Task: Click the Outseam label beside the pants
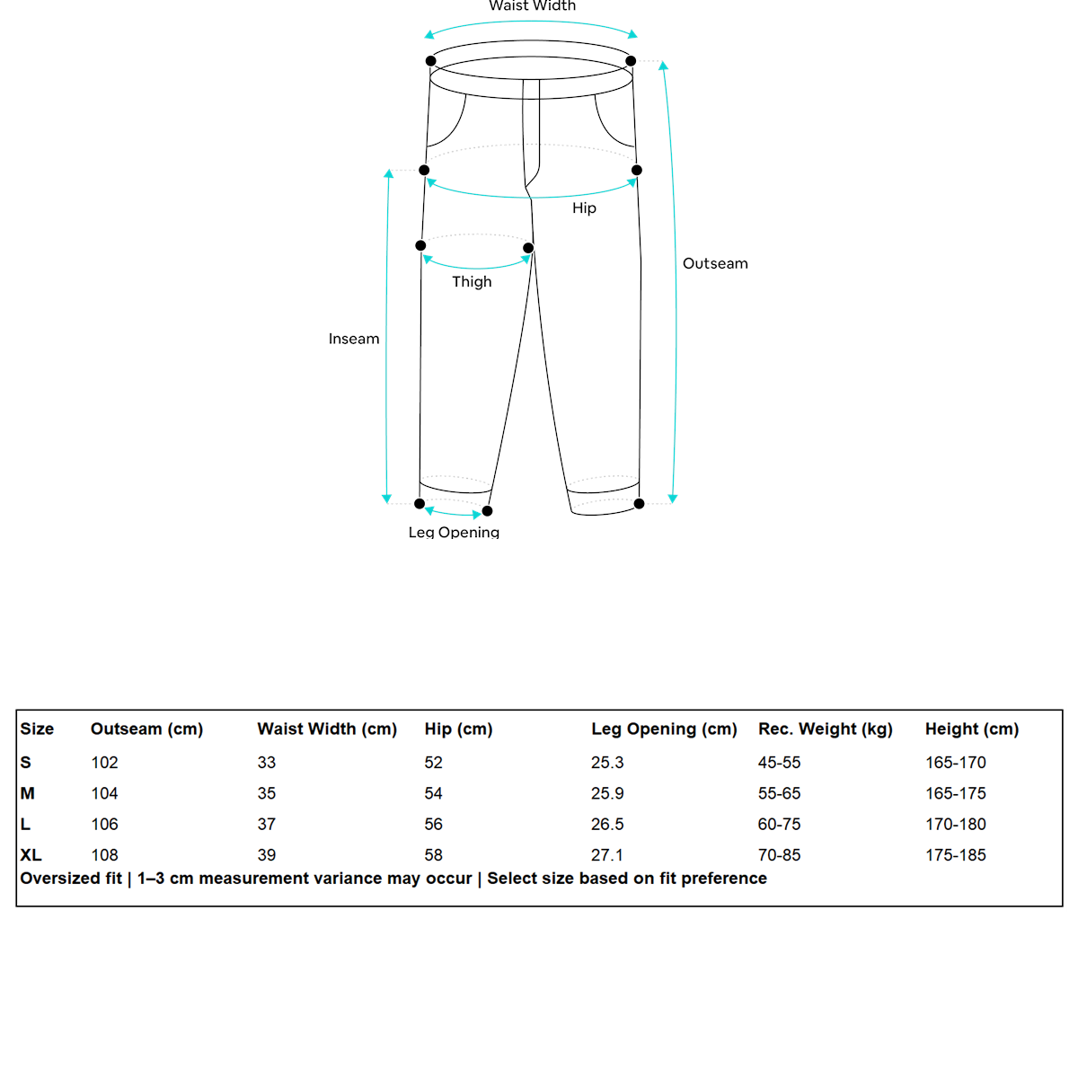point(715,263)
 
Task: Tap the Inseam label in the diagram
point(354,339)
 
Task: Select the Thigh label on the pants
point(472,281)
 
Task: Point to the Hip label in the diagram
point(584,208)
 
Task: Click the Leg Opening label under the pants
point(454,532)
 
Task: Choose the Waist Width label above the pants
point(532,6)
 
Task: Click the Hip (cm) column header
point(458,729)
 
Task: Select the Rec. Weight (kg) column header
point(825,729)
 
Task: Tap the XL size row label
point(31,854)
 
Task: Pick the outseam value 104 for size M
point(104,793)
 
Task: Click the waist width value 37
point(267,824)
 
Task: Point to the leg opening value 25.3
point(607,762)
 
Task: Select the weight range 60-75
point(779,824)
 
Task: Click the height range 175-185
point(955,854)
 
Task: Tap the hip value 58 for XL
point(433,854)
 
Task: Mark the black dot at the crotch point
point(528,248)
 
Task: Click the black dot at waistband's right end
point(631,61)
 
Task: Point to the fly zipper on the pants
point(532,135)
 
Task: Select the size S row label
point(25,762)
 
